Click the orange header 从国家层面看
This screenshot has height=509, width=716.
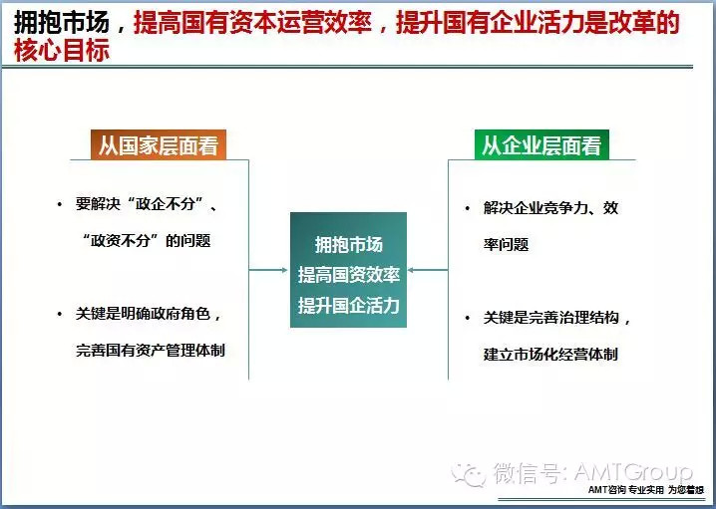click(x=159, y=145)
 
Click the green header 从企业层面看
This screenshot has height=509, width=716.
click(x=541, y=145)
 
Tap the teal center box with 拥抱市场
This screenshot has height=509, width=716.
click(x=348, y=270)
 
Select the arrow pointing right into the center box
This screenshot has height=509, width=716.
click(x=268, y=270)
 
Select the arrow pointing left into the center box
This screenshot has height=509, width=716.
click(x=428, y=270)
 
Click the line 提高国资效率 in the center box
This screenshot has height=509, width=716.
click(x=349, y=275)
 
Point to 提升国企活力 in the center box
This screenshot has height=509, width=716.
click(x=349, y=305)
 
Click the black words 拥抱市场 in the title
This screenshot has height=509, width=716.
click(x=62, y=22)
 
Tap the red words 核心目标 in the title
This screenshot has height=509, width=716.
click(x=62, y=50)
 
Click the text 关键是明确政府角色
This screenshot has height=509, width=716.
click(x=143, y=314)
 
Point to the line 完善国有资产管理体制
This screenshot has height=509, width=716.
click(x=151, y=351)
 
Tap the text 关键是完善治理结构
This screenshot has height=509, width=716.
click(x=551, y=318)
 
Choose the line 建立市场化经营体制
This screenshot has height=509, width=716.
click(x=550, y=354)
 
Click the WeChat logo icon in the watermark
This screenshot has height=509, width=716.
click(x=468, y=475)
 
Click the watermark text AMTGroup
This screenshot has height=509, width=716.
click(x=633, y=472)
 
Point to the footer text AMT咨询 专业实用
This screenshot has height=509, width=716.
click(x=625, y=491)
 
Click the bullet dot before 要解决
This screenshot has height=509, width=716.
click(x=60, y=204)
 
